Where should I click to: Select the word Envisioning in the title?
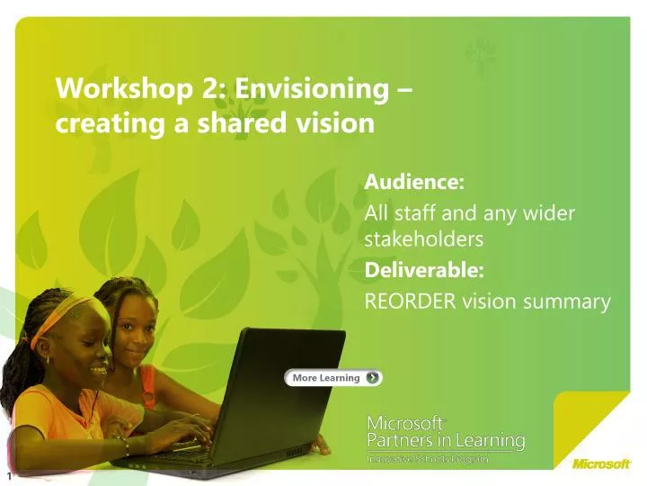pos(297,88)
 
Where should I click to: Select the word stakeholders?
pos(424,239)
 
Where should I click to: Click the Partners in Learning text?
pos(447,440)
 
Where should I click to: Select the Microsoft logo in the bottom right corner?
pos(601,464)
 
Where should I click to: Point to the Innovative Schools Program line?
pos(428,459)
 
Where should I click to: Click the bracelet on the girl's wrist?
pos(122,444)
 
